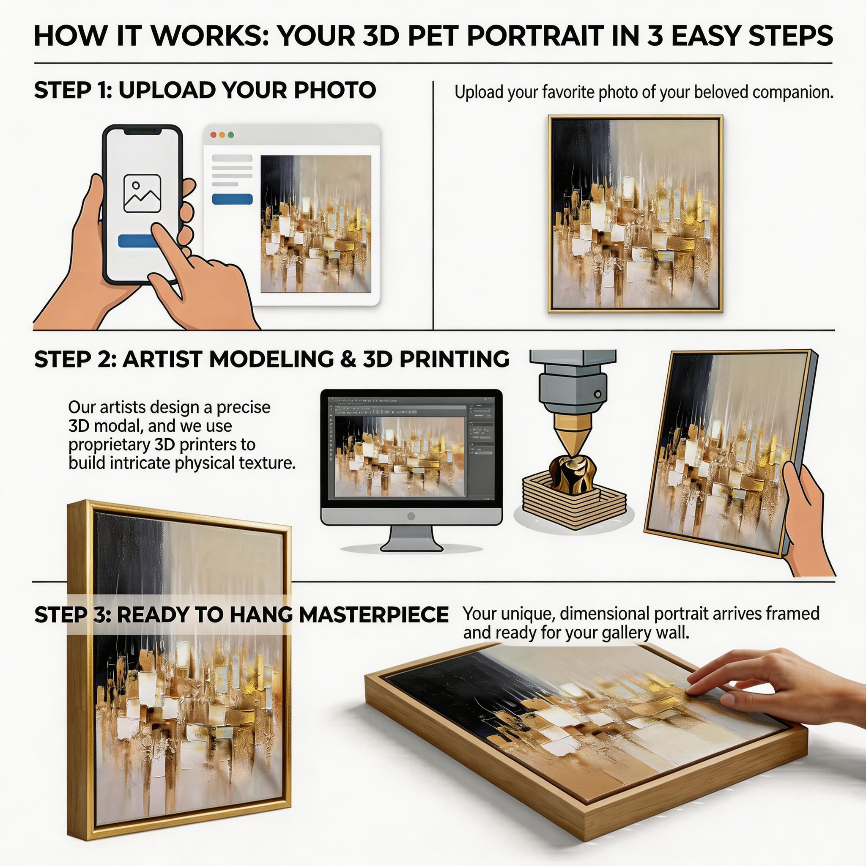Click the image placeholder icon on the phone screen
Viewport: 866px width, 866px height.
142,194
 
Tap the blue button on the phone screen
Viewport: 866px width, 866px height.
137,241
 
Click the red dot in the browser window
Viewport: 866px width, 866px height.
214,135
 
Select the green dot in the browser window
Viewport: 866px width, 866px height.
231,135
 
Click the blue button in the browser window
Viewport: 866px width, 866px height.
232,199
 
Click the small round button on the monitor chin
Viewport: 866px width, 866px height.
411,516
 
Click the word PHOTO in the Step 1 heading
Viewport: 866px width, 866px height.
335,90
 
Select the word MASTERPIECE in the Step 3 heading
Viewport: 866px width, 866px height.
374,614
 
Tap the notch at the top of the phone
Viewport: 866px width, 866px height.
142,131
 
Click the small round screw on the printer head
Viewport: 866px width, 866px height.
597,395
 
